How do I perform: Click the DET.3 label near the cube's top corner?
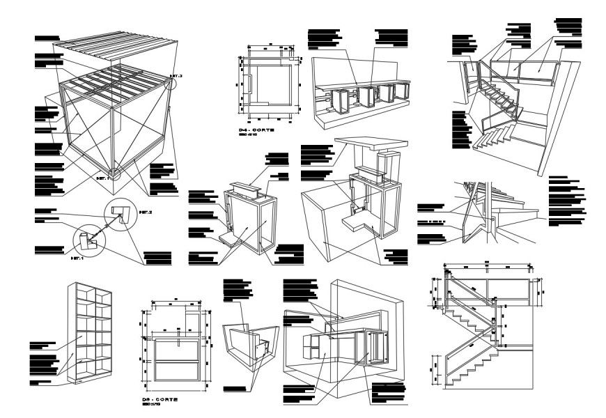(x=176, y=75)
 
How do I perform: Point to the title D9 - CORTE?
(x=160, y=400)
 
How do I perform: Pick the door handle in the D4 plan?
(x=248, y=85)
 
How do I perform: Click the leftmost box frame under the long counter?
(x=341, y=102)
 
